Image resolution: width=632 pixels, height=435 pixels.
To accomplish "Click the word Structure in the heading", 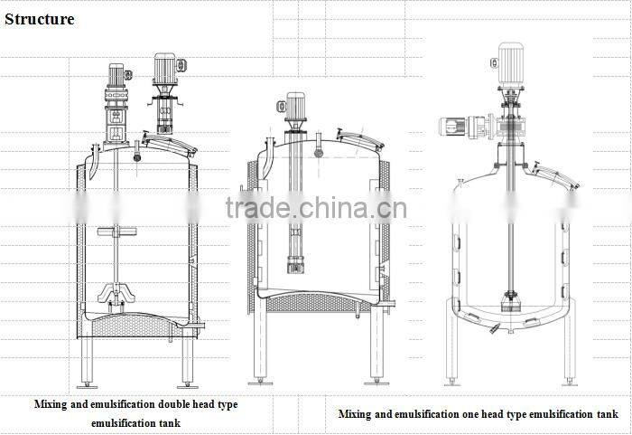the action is pyautogui.click(x=40, y=18).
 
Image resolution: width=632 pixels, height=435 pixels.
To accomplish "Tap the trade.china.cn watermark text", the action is pyautogui.click(x=316, y=209).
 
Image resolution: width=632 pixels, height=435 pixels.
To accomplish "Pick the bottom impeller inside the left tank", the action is pyautogui.click(x=116, y=294).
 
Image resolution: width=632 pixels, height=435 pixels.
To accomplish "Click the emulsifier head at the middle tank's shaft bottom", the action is pyautogui.click(x=295, y=264).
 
